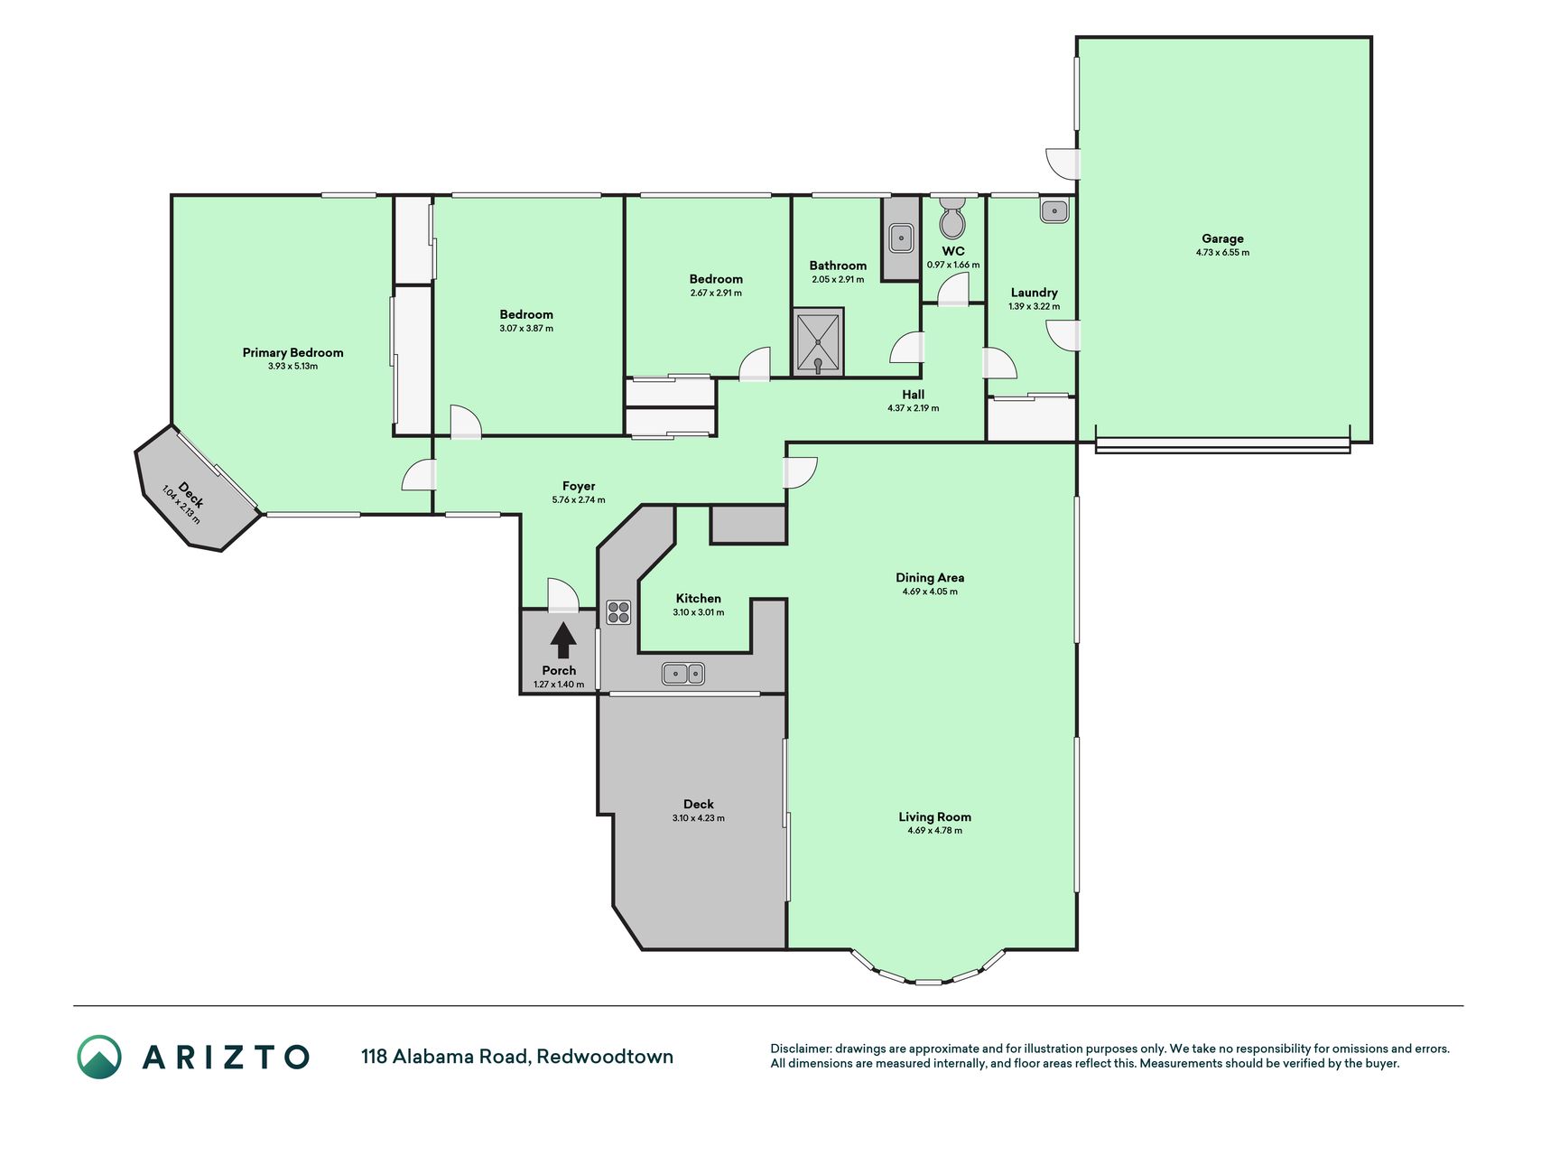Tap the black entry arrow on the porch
pyautogui.click(x=563, y=640)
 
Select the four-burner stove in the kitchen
pyautogui.click(x=618, y=612)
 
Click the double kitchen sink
pyautogui.click(x=683, y=674)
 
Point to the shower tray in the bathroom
pyautogui.click(x=818, y=342)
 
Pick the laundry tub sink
pyautogui.click(x=1054, y=211)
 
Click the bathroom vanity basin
pyautogui.click(x=901, y=238)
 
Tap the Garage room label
pyautogui.click(x=1222, y=238)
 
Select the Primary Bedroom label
pyautogui.click(x=292, y=352)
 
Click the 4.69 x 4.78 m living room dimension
pyautogui.click(x=935, y=830)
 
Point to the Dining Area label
pyautogui.click(x=930, y=577)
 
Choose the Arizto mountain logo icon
pyautogui.click(x=99, y=1057)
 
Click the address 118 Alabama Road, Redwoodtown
pyautogui.click(x=517, y=1057)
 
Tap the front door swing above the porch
pyautogui.click(x=563, y=594)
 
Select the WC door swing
pyautogui.click(x=953, y=291)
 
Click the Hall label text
pyautogui.click(x=913, y=395)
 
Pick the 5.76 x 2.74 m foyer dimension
pyautogui.click(x=579, y=499)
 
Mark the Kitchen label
pyautogui.click(x=699, y=598)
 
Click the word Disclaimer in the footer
pyautogui.click(x=800, y=1049)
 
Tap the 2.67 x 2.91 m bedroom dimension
pyautogui.click(x=716, y=293)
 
